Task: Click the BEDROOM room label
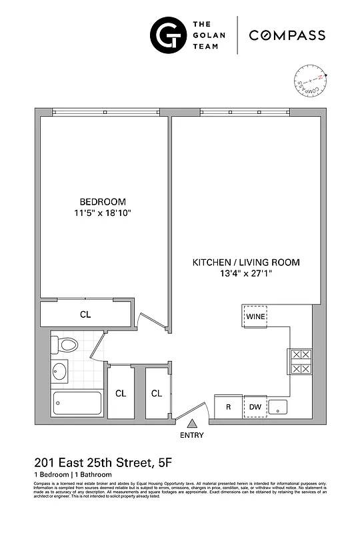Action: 103,201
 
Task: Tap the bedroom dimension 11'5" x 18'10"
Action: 103,213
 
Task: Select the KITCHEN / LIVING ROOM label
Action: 246,263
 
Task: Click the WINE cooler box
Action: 255,316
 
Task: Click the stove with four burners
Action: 299,362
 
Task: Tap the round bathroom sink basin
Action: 60,371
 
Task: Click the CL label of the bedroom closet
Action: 85,314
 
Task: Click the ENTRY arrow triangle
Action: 193,423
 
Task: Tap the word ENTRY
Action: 192,436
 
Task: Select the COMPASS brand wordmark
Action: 287,35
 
